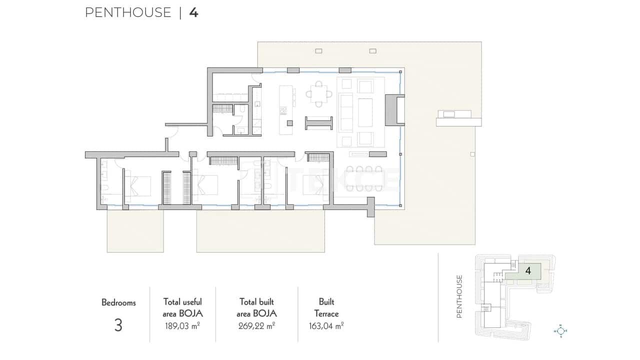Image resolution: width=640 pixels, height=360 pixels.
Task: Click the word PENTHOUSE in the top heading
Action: (x=128, y=12)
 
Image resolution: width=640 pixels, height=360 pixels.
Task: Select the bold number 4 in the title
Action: (x=194, y=12)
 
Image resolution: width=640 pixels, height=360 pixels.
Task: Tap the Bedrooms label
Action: (x=118, y=302)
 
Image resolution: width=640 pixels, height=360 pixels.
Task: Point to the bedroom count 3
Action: (x=118, y=325)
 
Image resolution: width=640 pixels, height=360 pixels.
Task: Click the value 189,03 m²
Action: (x=182, y=326)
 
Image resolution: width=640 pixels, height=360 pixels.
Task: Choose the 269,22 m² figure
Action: (x=256, y=326)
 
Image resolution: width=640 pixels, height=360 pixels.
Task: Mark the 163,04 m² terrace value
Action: (x=326, y=326)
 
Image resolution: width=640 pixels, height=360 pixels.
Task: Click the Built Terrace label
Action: (x=326, y=308)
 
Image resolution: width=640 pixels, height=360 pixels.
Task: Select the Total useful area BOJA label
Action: (x=182, y=307)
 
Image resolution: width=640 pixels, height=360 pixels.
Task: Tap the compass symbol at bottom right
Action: (x=561, y=330)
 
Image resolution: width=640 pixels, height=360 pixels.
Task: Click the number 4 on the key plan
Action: (x=528, y=271)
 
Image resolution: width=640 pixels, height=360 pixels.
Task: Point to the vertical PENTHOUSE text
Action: (x=459, y=296)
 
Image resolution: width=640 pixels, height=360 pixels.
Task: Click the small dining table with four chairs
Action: (x=318, y=93)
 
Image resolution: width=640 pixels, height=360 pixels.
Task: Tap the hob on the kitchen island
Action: (x=283, y=109)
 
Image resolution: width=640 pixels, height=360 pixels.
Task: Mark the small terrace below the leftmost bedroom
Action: (x=135, y=230)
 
